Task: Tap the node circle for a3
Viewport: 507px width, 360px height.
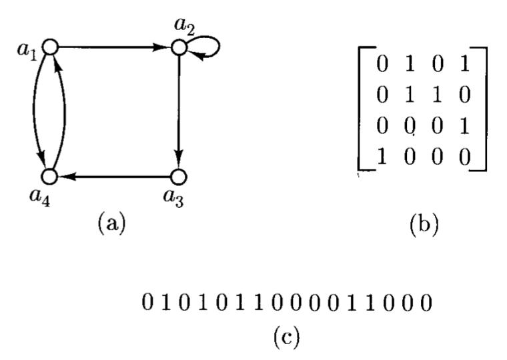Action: pos(178,176)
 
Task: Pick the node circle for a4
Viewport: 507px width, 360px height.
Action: pos(51,176)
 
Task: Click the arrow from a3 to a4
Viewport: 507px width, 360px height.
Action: pos(113,176)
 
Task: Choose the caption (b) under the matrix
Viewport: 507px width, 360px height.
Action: pos(422,223)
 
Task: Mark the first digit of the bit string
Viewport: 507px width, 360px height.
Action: pos(148,306)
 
